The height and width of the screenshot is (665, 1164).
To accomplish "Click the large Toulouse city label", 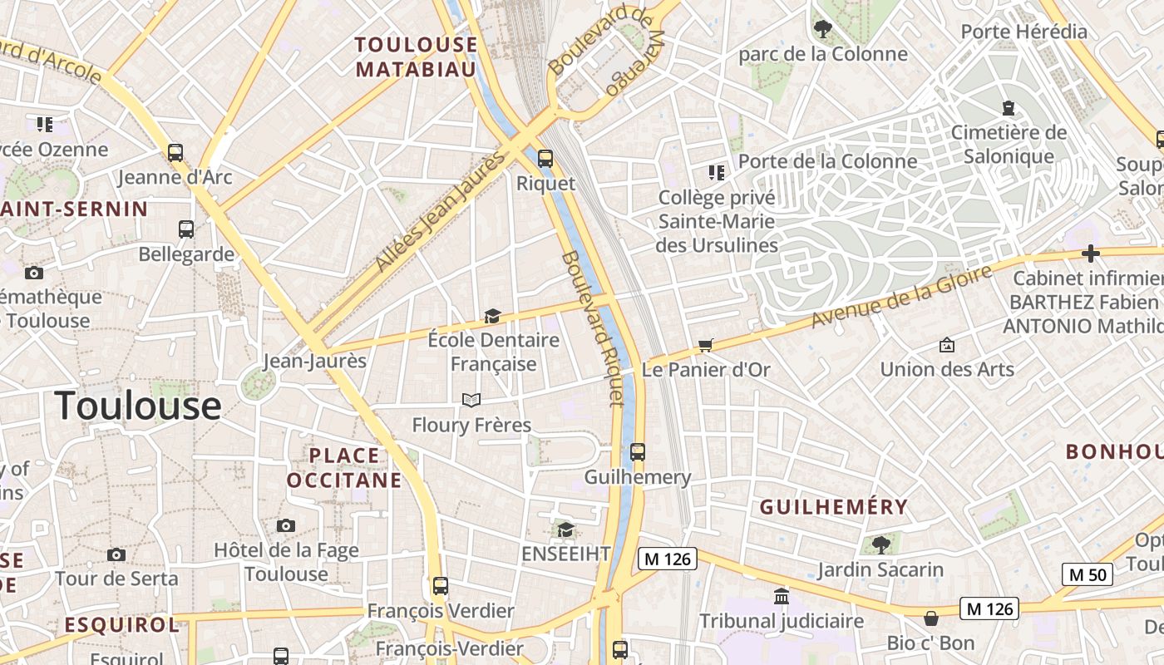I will point(138,406).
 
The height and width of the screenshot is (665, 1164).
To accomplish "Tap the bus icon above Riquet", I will point(545,158).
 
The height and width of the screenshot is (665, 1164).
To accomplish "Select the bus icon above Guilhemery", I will point(638,452).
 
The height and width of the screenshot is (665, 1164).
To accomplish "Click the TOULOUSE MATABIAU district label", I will point(417,57).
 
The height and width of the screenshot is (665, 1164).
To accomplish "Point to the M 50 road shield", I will point(1087,574).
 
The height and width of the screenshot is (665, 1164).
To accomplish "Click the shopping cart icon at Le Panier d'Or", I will point(706,345).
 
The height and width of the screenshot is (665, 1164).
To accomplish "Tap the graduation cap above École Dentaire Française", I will point(492,316).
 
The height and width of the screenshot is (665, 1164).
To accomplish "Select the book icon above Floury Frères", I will point(471,401).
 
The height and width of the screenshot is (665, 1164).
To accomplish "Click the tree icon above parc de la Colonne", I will point(822,30).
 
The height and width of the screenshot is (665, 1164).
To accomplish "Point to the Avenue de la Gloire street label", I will point(902,297).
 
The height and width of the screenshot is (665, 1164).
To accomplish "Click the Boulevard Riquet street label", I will point(592,328).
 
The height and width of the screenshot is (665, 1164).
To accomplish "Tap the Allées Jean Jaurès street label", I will point(441,212).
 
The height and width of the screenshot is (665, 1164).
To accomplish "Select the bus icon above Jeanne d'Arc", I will point(175,153).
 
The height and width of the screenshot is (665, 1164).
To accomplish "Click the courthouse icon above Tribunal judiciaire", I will point(782,596).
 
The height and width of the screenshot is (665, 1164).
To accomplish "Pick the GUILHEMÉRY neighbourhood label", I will point(834,507).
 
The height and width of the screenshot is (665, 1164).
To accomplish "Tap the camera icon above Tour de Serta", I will point(116,554).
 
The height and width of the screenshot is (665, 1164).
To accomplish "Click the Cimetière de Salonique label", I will point(1008,144).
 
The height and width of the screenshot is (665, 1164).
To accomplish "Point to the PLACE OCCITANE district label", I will point(344,468).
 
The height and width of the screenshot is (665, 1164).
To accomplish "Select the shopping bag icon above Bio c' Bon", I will point(931,618).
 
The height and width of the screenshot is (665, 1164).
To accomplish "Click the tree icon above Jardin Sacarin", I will point(880,545).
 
